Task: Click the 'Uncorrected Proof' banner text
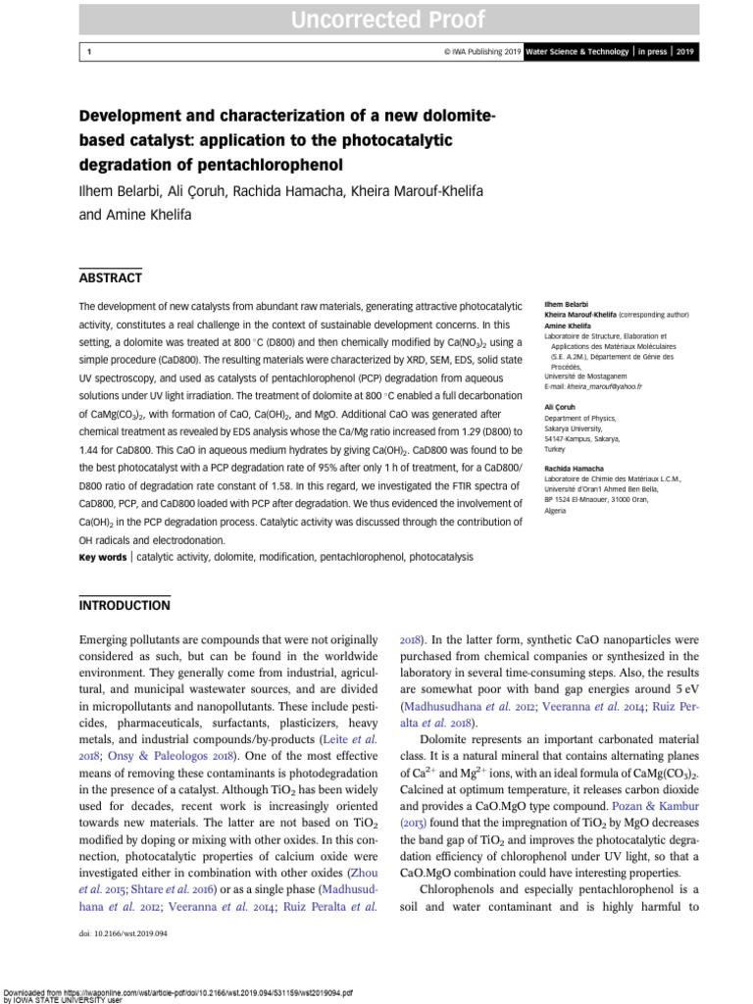click(376, 19)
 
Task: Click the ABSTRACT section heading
click(110, 277)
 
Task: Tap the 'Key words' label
click(102, 557)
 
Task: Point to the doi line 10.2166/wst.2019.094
click(124, 934)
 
